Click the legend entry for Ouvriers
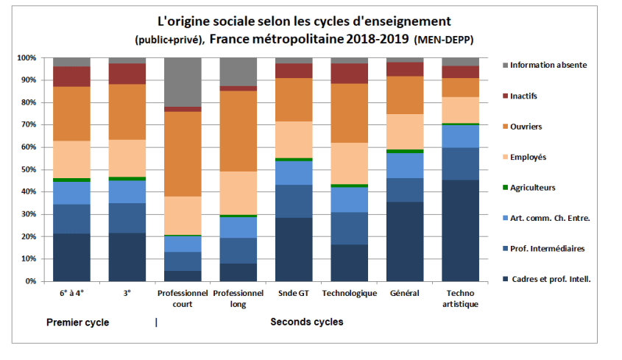(x=526, y=127)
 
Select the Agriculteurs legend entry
(x=531, y=188)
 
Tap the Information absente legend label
(x=548, y=66)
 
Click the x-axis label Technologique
(x=350, y=294)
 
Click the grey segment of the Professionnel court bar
(x=183, y=82)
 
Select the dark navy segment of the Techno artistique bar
(x=461, y=230)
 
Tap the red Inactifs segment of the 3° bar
(x=127, y=74)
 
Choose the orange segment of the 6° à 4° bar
(x=71, y=114)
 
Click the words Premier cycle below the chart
(x=77, y=322)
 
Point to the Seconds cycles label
(x=306, y=322)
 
